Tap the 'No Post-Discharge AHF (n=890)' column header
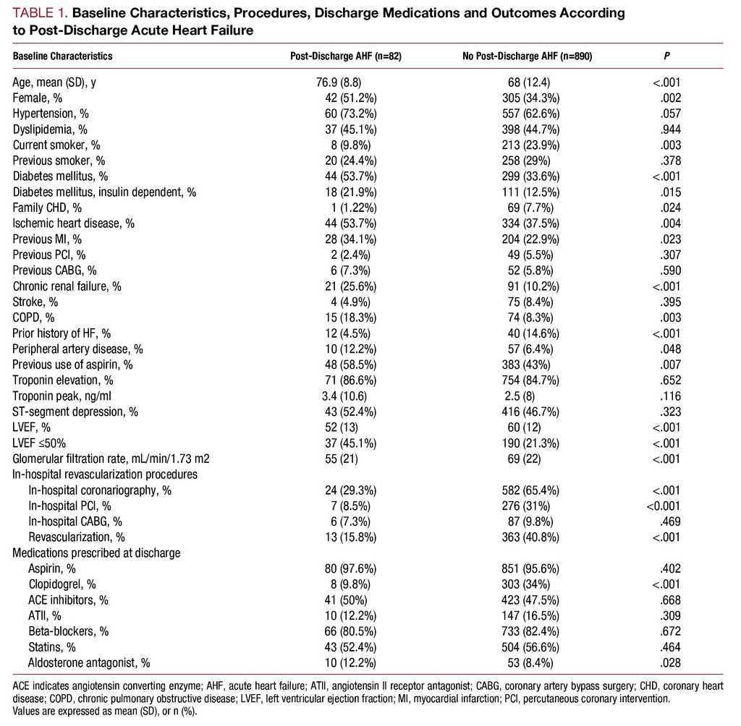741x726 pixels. point(528,56)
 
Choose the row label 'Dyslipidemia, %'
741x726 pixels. point(50,129)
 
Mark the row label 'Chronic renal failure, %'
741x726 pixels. point(67,286)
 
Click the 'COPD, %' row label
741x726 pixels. point(33,317)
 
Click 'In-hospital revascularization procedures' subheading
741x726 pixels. point(105,474)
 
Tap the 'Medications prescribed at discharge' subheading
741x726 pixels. point(96,553)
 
